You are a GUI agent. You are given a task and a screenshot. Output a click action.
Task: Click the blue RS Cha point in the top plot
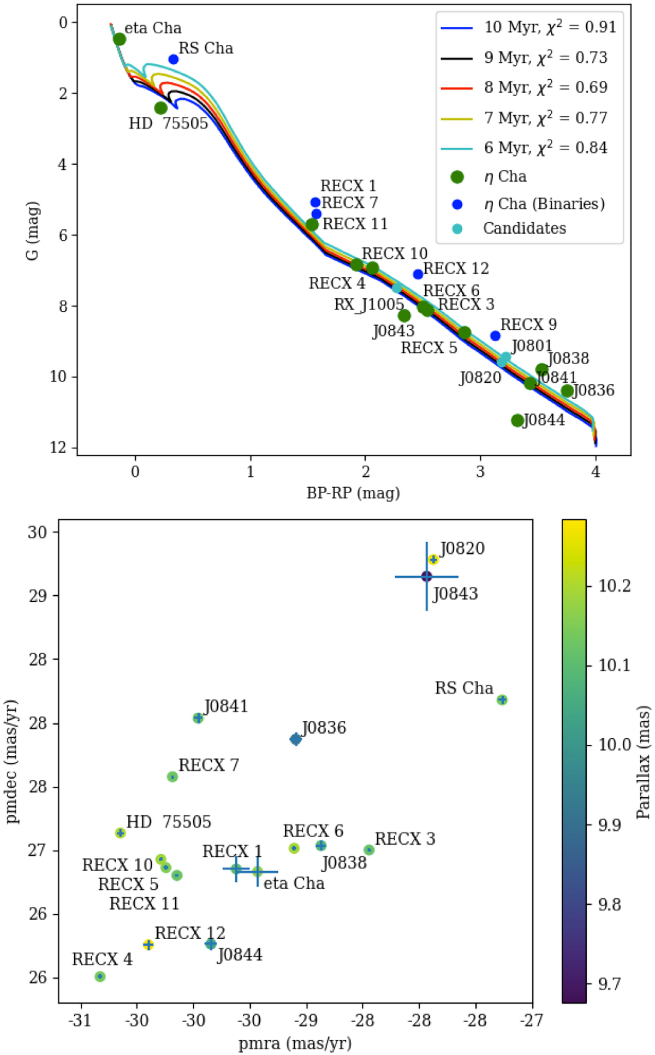pos(174,59)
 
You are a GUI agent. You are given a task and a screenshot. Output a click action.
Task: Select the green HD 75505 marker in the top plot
pos(160,108)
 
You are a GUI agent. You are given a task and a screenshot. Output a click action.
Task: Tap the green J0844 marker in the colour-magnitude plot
pos(517,420)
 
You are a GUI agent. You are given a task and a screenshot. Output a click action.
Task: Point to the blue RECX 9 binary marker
pos(495,336)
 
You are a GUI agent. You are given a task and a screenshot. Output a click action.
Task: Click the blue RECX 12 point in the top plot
pos(418,274)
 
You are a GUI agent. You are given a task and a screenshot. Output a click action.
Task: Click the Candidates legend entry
pos(524,228)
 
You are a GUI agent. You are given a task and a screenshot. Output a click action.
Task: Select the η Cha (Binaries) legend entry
pos(544,204)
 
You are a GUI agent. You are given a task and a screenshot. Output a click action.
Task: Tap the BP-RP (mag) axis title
pos(353,493)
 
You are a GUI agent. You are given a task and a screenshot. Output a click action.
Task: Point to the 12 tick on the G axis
pos(57,447)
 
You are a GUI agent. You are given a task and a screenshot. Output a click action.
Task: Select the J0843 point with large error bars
pos(426,576)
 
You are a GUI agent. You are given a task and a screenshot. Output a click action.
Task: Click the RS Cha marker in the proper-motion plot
pos(502,700)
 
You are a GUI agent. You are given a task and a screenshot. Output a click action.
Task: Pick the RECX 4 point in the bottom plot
pos(100,976)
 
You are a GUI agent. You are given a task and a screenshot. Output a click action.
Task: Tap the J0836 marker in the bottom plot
pos(295,739)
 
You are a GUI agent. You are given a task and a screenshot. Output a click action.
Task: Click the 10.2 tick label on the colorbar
pos(615,586)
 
